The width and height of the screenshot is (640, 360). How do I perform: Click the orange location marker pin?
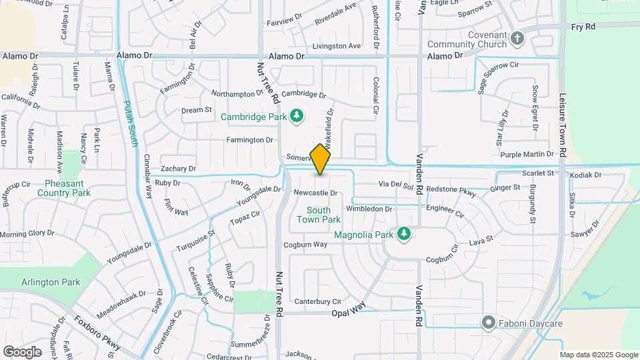pos(321,159)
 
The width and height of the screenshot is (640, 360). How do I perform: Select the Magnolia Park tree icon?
pos(403,234)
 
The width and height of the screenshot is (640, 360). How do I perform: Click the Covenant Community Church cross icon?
pos(517,39)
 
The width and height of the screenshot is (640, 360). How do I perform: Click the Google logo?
pos(22,351)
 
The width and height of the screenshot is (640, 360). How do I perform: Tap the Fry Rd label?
pos(583,27)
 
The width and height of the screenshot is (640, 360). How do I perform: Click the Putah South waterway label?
pos(131,123)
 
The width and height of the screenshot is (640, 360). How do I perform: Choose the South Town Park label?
pos(319,215)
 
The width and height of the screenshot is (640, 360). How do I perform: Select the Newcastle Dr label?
pos(316,193)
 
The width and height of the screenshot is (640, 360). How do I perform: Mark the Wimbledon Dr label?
pos(369,209)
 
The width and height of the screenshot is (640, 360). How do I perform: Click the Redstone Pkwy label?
pos(451,191)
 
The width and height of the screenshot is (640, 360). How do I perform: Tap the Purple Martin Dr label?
pos(527,155)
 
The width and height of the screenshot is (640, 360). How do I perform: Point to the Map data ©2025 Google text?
pos(599,355)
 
